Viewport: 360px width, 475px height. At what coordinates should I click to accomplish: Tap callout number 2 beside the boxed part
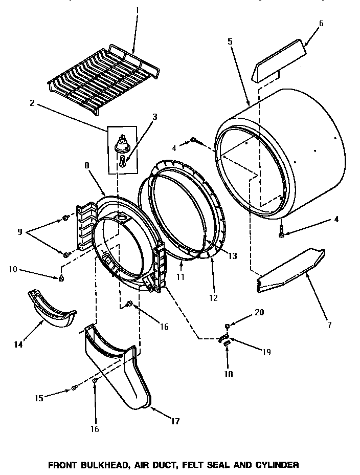click(x=32, y=103)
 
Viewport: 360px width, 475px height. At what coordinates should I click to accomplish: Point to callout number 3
click(x=155, y=117)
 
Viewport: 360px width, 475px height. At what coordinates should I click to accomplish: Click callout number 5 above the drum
click(x=230, y=41)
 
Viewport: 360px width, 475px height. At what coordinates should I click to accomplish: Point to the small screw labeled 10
click(x=61, y=278)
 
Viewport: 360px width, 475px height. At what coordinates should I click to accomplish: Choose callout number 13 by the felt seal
click(x=233, y=255)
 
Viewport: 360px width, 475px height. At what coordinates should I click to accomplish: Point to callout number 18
click(x=229, y=374)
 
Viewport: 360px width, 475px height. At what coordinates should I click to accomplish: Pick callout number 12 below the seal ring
click(x=213, y=297)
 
